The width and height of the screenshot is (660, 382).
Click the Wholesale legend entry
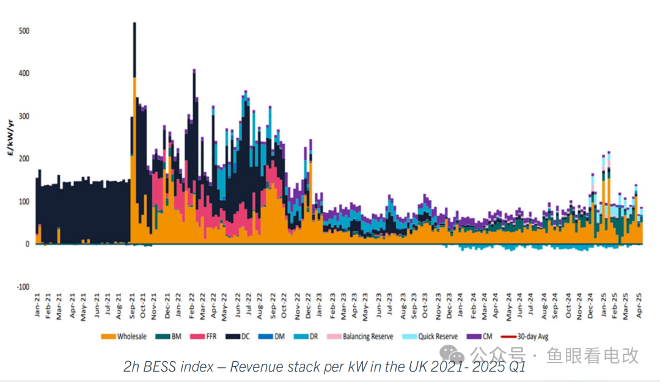pyautogui.click(x=124, y=337)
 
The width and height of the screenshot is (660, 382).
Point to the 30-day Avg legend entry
pyautogui.click(x=525, y=337)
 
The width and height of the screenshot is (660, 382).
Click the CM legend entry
pyautogui.click(x=480, y=337)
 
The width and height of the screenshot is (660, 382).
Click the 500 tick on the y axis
pyautogui.click(x=24, y=31)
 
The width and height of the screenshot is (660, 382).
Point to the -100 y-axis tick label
pyautogui.click(x=22, y=287)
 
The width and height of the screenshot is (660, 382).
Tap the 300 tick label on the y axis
pyautogui.click(x=24, y=116)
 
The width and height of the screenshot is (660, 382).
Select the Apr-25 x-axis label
pyautogui.click(x=639, y=305)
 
